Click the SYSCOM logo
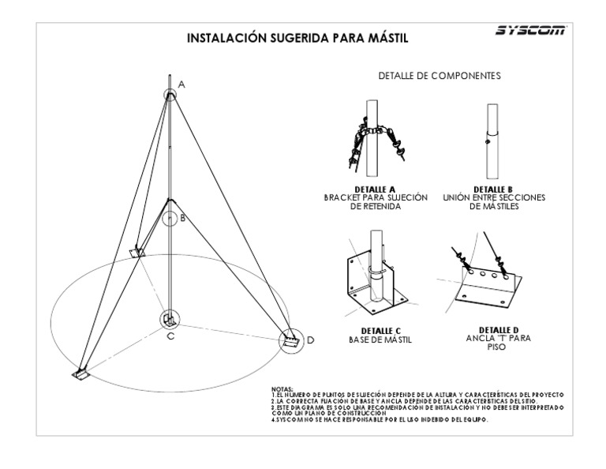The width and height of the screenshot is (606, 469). point(530,32)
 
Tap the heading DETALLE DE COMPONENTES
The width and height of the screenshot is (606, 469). point(440,76)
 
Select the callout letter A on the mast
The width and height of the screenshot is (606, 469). point(182,84)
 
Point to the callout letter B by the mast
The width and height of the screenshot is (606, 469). point(183,219)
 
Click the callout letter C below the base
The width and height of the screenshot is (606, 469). point(170,336)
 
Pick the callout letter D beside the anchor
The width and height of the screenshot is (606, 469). point(311,340)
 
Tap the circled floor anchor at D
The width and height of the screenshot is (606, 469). point(291,342)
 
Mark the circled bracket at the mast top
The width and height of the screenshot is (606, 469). point(170,95)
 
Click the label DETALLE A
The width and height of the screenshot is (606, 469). point(376,189)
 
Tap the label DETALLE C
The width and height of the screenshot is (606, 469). point(376,331)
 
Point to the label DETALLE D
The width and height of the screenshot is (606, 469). point(499,329)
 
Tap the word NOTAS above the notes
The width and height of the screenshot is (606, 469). point(281,388)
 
